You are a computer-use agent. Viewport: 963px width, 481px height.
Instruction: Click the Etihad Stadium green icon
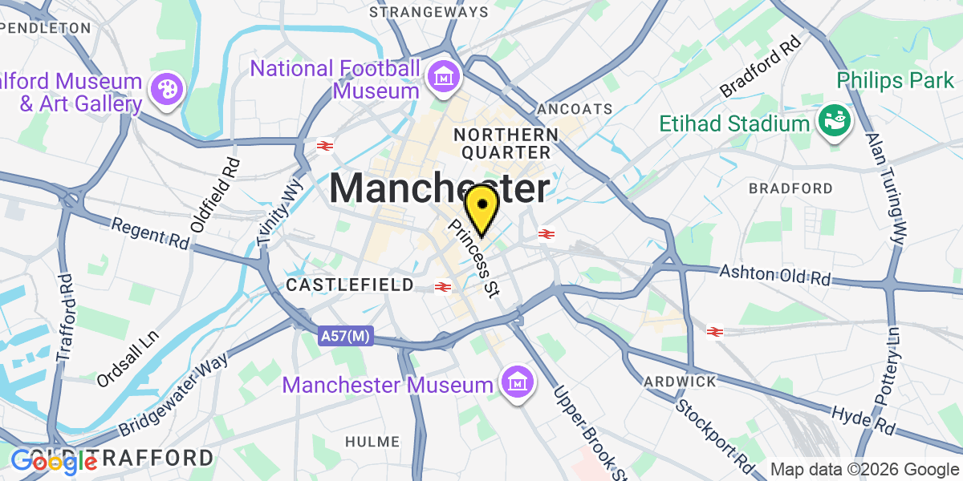833,123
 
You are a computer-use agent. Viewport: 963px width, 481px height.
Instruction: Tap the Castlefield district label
350,285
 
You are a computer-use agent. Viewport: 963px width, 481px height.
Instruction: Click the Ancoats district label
575,108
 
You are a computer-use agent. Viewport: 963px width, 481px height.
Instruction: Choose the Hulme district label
372,442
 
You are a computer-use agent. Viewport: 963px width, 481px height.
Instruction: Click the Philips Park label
896,80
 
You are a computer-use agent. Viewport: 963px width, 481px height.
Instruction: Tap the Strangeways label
429,12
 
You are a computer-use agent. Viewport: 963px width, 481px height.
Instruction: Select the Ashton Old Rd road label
774,276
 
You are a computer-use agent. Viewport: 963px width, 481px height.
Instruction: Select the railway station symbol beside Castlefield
441,286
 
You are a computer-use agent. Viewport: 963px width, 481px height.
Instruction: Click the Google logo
53,462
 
